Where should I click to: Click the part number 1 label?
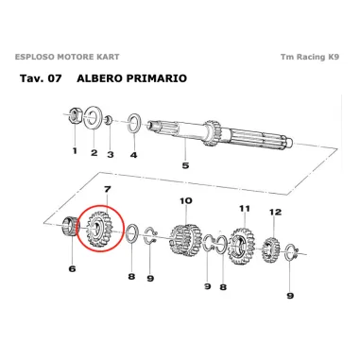pyautogui.click(x=75, y=150)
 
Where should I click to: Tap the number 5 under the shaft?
pyautogui.click(x=184, y=165)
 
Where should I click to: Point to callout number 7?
pyautogui.click(x=108, y=190)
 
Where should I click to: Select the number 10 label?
pyautogui.click(x=185, y=200)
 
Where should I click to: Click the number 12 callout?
pyautogui.click(x=274, y=212)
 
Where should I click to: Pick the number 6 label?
pyautogui.click(x=71, y=268)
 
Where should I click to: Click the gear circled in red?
pyautogui.click(x=97, y=231)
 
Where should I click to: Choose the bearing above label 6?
pyautogui.click(x=69, y=228)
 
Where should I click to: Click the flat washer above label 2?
pyautogui.click(x=94, y=118)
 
